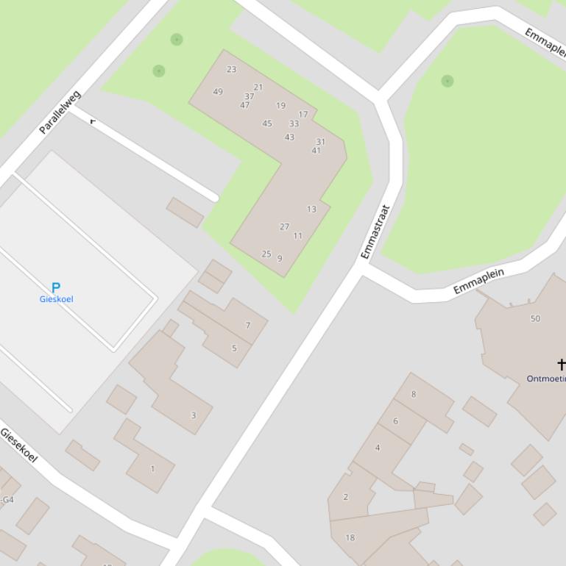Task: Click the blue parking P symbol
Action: pos(55,287)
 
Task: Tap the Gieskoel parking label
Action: pos(56,299)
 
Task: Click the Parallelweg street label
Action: pos(60,112)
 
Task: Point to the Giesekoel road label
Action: pos(18,445)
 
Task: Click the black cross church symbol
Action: pos(561,364)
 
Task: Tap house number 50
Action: pos(535,318)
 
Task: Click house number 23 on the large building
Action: pos(232,69)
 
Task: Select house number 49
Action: pos(218,92)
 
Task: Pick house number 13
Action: pos(311,209)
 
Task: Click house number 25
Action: pos(266,254)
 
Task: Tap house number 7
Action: pos(248,325)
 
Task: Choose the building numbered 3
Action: pos(194,415)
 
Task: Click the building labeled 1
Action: pos(152,468)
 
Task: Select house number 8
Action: pos(414,394)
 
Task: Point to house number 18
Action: pos(350,537)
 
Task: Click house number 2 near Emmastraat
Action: pos(345,497)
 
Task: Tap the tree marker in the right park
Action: pos(448,81)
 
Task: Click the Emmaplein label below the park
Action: pos(478,282)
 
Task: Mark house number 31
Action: pos(320,142)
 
